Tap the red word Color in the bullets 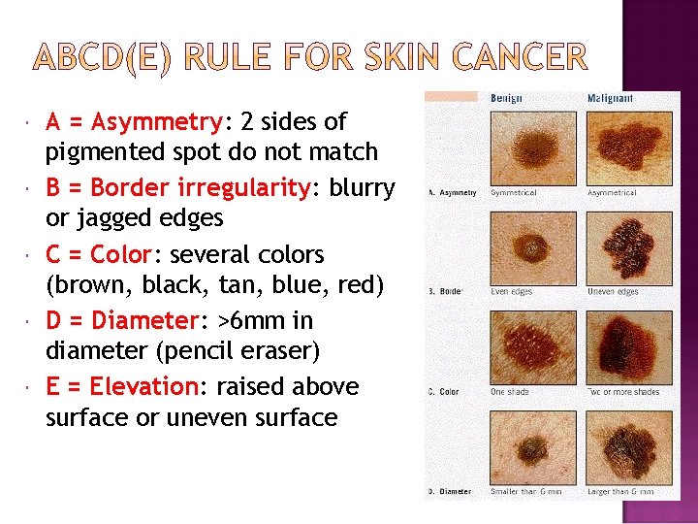click(119, 254)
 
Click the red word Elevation click(143, 386)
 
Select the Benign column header click(507, 98)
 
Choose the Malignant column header click(611, 98)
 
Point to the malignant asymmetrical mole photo click(621, 146)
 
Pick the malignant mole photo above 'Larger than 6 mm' click(621, 446)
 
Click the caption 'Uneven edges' click(613, 292)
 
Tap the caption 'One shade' click(510, 392)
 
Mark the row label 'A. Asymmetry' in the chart click(453, 193)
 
